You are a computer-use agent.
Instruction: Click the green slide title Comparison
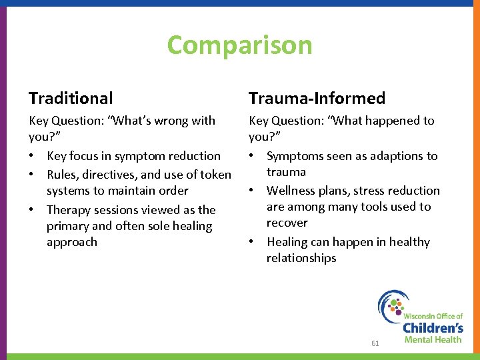(x=239, y=45)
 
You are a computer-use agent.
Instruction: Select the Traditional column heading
(x=71, y=99)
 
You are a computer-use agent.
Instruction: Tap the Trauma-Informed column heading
(x=317, y=99)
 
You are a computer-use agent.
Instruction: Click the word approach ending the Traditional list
(x=72, y=242)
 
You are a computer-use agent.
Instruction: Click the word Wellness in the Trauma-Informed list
(x=291, y=191)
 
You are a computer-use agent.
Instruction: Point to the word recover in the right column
(x=287, y=223)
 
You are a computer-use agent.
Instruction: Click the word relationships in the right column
(x=301, y=258)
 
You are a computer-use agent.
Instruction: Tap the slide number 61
(x=375, y=343)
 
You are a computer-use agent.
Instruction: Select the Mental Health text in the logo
(x=433, y=339)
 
